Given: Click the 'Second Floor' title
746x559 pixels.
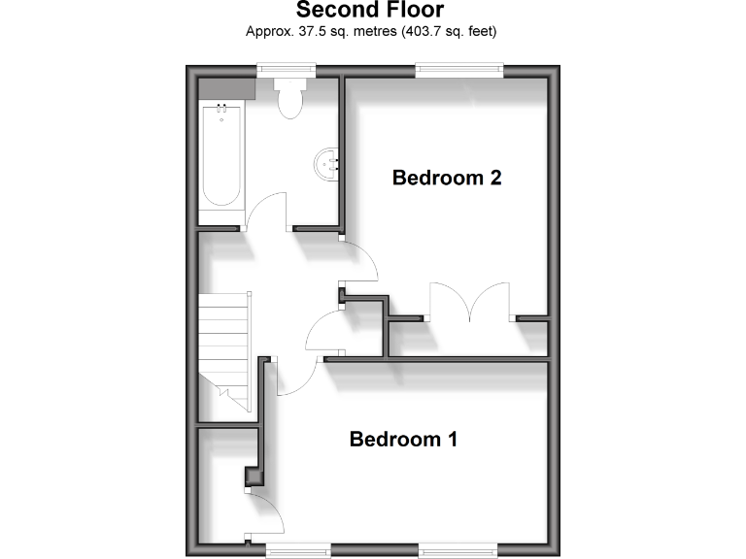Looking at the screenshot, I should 369,11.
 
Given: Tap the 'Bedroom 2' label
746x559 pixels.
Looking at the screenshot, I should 447,179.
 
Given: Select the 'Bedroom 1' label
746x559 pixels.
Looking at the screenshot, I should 403,440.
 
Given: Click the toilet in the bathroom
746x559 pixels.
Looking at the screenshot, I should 290,98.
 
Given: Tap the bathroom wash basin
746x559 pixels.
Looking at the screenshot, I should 326,164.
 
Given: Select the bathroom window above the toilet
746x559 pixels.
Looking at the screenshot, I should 287,68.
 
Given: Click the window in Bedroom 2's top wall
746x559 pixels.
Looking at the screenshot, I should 458,68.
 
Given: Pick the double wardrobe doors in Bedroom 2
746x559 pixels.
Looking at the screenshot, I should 470,300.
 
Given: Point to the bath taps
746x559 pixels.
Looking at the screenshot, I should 221,108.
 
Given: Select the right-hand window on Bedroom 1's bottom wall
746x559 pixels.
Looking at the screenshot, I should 458,549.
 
